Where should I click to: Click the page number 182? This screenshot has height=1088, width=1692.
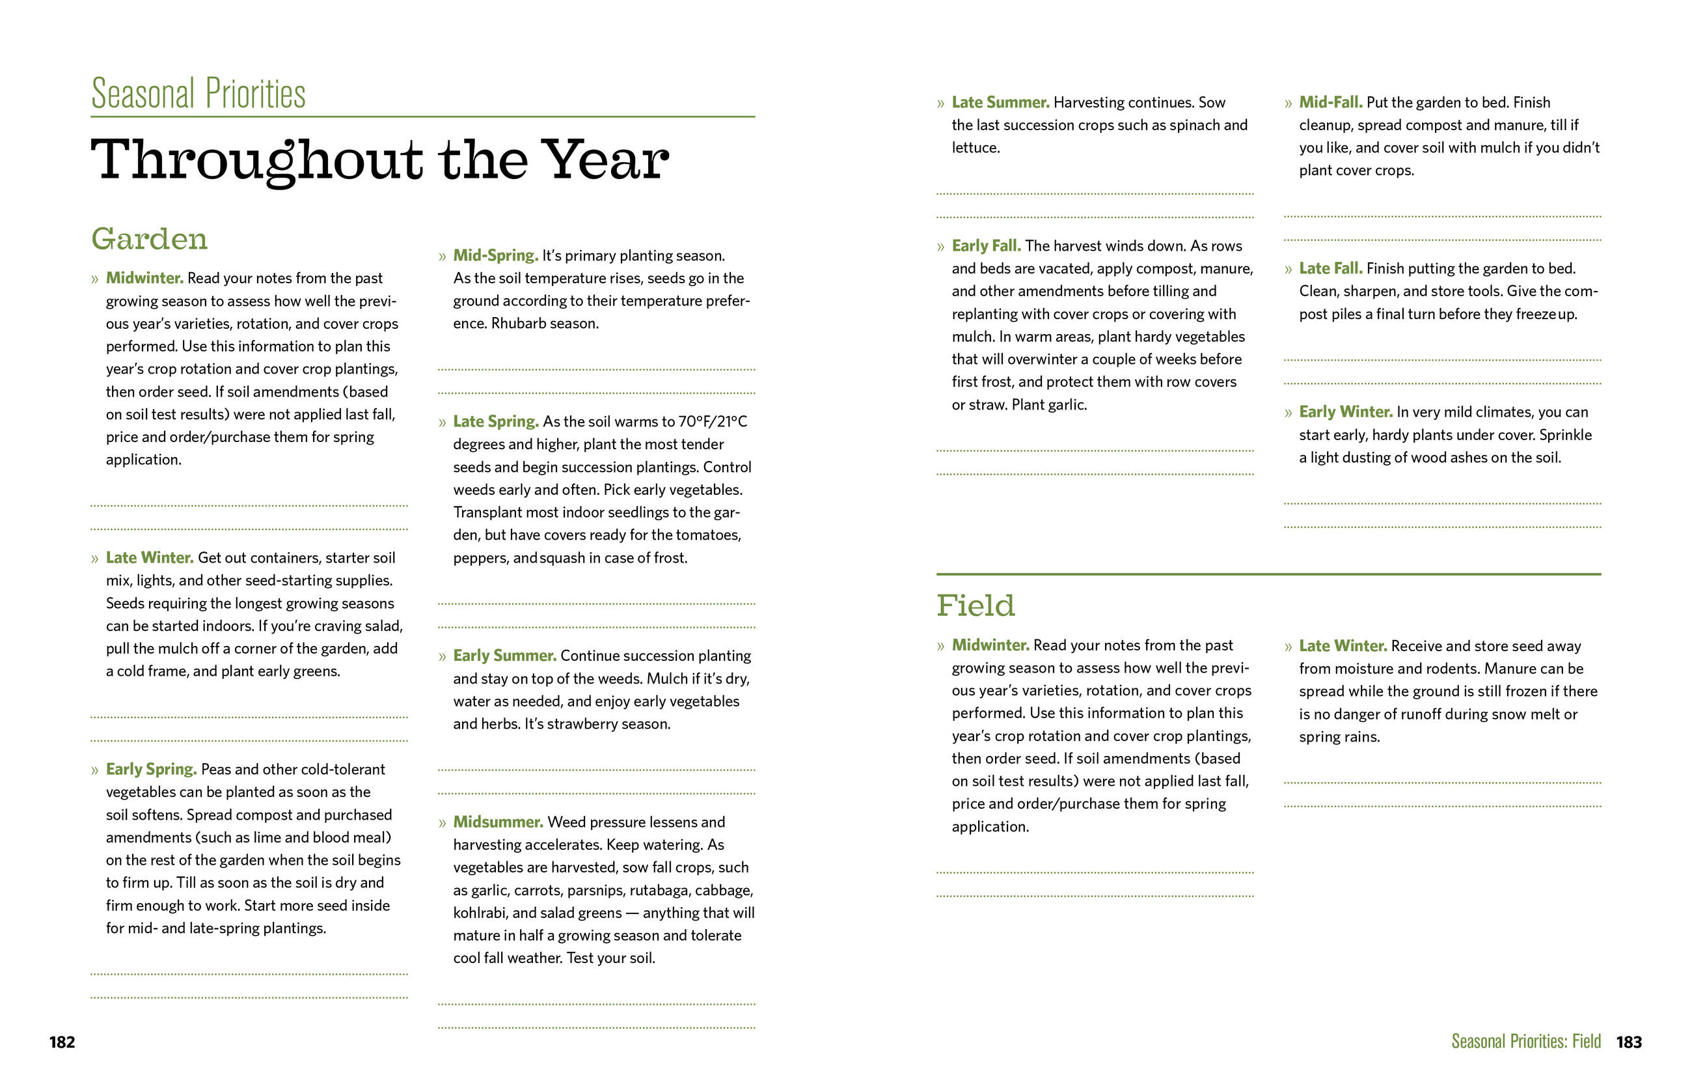(x=62, y=1042)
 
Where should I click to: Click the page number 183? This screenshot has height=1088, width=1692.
(x=1628, y=1042)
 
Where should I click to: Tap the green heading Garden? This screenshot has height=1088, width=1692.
(x=149, y=239)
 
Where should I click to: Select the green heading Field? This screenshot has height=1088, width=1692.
(x=976, y=606)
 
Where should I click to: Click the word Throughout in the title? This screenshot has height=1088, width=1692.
(x=256, y=160)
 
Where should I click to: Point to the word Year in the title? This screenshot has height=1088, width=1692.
(x=605, y=160)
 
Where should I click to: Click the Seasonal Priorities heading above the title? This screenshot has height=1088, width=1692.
(x=198, y=94)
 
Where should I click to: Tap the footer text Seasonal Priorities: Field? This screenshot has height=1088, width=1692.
(x=1525, y=1041)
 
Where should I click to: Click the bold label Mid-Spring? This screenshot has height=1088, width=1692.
(x=495, y=255)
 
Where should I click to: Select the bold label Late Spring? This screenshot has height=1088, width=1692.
(x=496, y=422)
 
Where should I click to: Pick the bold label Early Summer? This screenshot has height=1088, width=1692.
(x=504, y=656)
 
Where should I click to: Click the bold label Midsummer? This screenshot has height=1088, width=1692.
(x=498, y=822)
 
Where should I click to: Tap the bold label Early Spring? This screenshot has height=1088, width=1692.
(x=150, y=770)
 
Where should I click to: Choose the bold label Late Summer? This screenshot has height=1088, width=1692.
(x=1000, y=102)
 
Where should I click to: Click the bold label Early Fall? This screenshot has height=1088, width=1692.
(x=986, y=246)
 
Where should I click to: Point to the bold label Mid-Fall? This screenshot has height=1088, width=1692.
(x=1330, y=102)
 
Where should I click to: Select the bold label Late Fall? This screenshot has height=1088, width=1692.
(x=1330, y=268)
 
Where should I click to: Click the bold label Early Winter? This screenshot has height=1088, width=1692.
(x=1345, y=412)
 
